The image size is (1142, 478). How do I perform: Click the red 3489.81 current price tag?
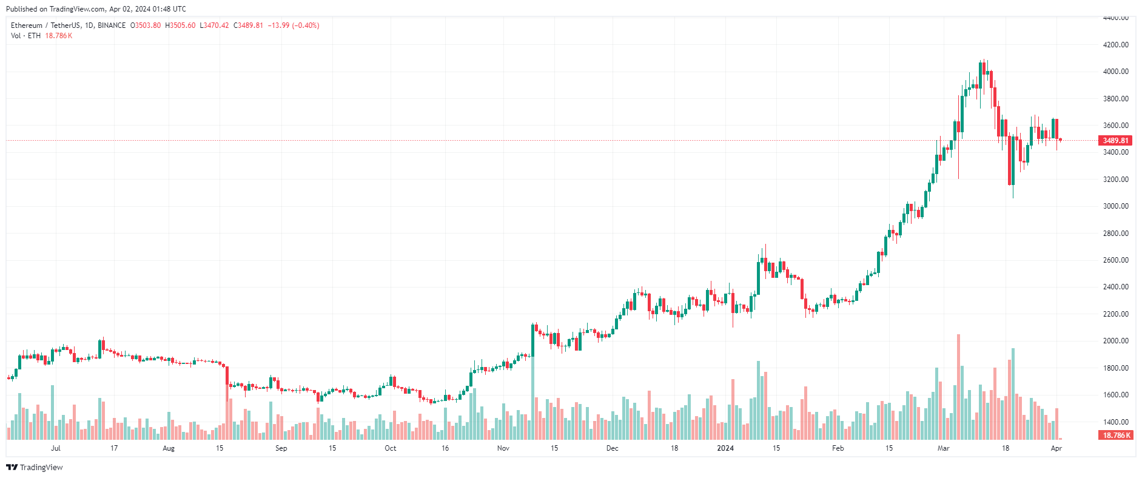pos(1115,141)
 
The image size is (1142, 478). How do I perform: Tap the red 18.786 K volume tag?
pos(1115,436)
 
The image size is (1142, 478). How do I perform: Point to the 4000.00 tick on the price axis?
pos(1116,72)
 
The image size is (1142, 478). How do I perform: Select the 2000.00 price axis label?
pos(1116,341)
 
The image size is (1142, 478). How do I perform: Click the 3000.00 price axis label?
pos(1116,206)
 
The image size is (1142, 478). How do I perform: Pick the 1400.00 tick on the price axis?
pos(1116,422)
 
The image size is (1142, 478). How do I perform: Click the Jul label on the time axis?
pos(56,448)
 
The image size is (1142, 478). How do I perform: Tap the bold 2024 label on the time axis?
pos(725,448)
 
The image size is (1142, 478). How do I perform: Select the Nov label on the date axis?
pos(503,448)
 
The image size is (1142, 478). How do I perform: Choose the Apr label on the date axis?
pos(1056,448)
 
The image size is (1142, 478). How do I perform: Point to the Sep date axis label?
pos(281,448)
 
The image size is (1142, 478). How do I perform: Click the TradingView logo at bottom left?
pos(35,467)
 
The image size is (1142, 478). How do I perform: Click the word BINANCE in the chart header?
pos(112,25)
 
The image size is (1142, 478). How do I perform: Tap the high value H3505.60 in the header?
pos(180,25)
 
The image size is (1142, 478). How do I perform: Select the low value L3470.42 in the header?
pos(215,25)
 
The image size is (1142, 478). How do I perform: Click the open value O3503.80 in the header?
pos(146,25)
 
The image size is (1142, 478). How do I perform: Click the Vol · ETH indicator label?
pos(25,36)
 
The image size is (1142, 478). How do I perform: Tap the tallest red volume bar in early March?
pos(959,387)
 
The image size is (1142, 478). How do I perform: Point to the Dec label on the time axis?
pos(613,448)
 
